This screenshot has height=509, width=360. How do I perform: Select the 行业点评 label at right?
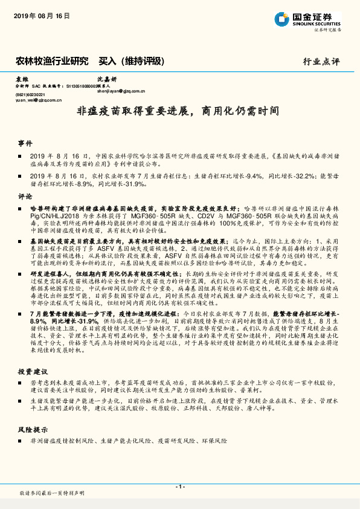pos(321,62)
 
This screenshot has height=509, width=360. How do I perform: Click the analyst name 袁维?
pos(22,79)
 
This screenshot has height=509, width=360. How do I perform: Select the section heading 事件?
pos(25,143)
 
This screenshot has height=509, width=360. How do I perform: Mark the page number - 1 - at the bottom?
pos(179,487)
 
